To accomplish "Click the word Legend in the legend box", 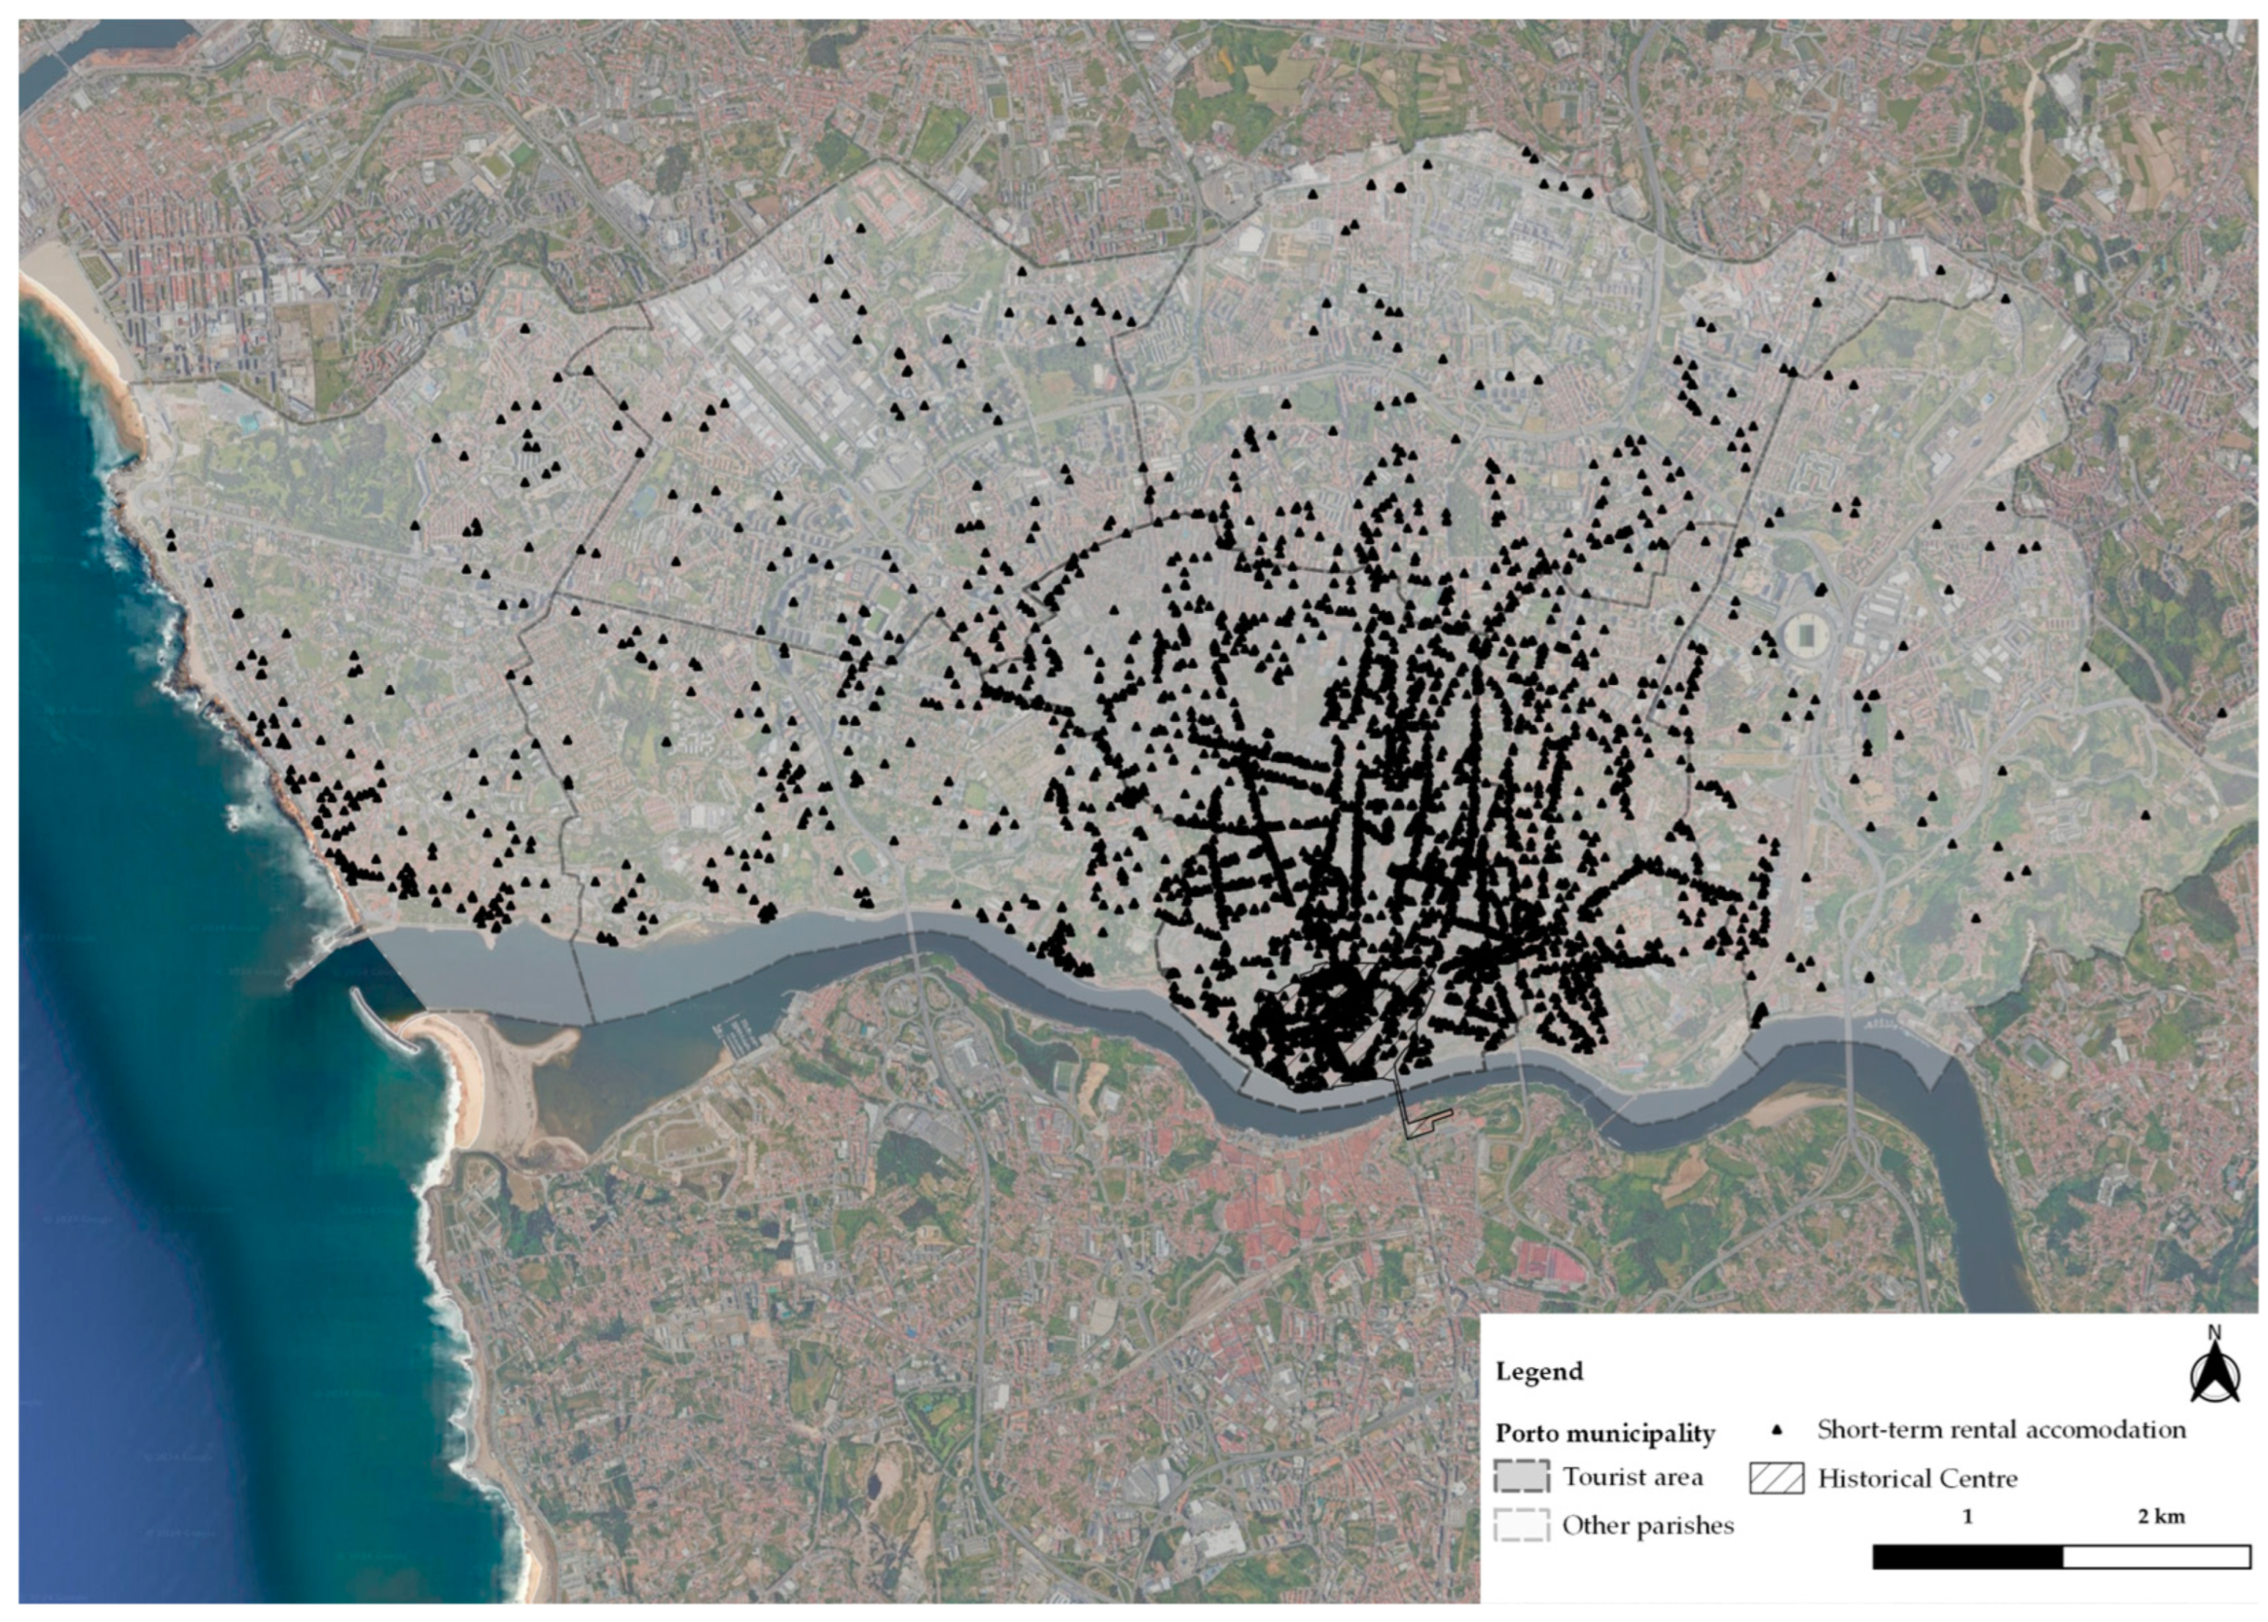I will pos(1538,1371).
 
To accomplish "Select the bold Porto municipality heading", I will pos(1604,1433).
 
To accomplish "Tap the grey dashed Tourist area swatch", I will pos(1521,1476).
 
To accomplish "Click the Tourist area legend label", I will pos(1632,1476).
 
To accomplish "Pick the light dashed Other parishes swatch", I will pos(1521,1525).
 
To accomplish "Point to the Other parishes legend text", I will pos(1647,1525).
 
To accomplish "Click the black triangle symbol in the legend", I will pos(1777,1431).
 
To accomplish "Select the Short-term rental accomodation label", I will pos(2000,1429).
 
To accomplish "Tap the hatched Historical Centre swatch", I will pos(1777,1478).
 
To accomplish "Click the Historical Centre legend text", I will pos(1917,1478).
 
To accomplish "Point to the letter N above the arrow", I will pos(2214,1332).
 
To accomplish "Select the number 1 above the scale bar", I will pos(1967,1516).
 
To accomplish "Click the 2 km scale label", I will pos(2160,1516).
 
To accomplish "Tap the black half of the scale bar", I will pos(1967,1556).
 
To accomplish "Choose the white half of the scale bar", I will pos(2155,1556).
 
